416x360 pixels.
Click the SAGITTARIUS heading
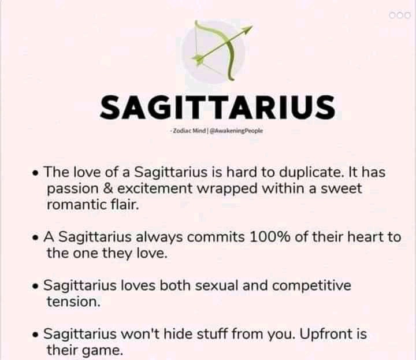pos(218,107)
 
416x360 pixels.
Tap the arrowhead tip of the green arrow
pos(252,26)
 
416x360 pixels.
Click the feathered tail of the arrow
pos(198,58)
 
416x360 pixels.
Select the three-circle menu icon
pos(400,16)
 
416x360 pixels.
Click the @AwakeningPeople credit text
pos(236,131)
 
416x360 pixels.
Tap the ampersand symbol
pos(107,188)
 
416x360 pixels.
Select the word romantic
pos(76,205)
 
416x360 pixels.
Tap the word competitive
pos(311,286)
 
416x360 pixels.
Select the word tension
pos(74,302)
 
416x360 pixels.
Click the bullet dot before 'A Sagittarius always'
pos(35,238)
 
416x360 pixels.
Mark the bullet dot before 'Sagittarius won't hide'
pos(35,335)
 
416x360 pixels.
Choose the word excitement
pos(155,188)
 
